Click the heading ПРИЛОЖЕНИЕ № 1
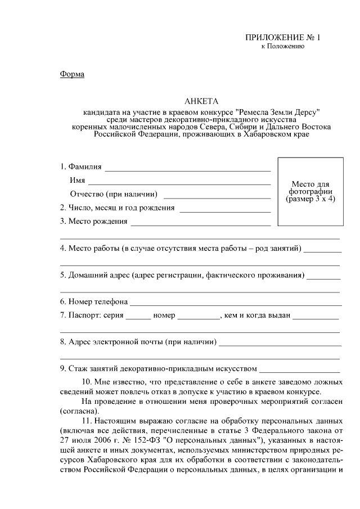(282, 38)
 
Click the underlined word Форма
(71, 74)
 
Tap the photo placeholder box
(311, 192)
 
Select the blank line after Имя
(179, 182)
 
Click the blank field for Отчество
(217, 196)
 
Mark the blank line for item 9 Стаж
(300, 371)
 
